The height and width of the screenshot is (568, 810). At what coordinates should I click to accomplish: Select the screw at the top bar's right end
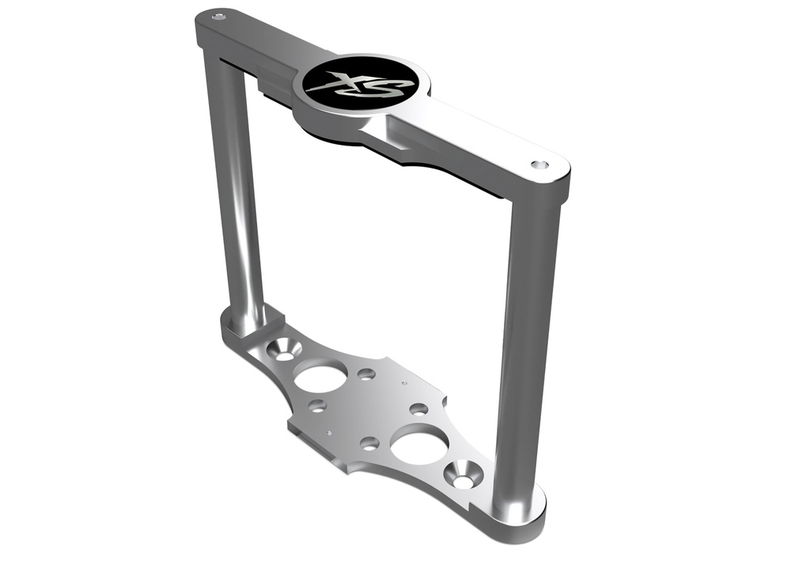click(539, 165)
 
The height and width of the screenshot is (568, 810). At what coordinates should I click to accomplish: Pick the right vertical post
click(526, 340)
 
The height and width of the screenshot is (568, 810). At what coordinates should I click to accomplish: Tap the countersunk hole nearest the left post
click(284, 349)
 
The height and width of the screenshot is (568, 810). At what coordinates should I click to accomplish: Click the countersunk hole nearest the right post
click(462, 475)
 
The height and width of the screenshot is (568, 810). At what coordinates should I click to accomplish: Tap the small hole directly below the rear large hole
click(317, 407)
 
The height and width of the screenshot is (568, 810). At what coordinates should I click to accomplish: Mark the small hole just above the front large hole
click(418, 409)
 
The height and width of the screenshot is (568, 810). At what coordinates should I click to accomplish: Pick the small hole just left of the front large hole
click(369, 443)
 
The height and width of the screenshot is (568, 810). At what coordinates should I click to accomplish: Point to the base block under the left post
click(245, 320)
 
